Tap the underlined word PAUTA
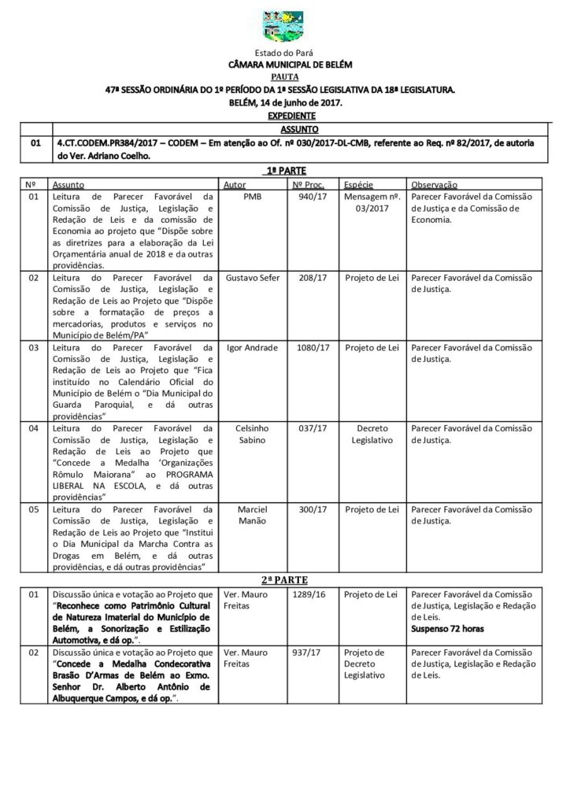284,78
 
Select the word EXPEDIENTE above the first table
284,115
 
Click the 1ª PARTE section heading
284,171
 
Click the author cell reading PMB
253,196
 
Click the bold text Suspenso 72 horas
447,630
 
